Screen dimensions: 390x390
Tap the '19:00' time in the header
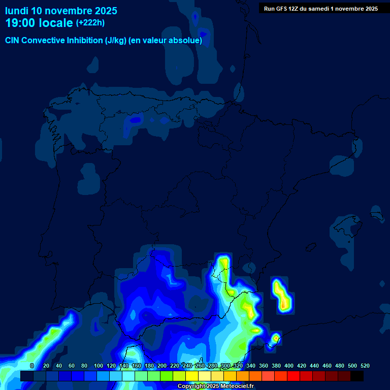click(x=21, y=23)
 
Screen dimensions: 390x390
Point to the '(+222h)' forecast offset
click(x=90, y=23)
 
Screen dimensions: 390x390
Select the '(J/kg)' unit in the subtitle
click(x=117, y=41)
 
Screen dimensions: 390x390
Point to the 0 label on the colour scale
click(x=32, y=366)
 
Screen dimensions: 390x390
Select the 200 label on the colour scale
click(x=162, y=366)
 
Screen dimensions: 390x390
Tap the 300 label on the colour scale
click(x=225, y=366)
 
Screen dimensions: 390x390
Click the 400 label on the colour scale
click(x=289, y=366)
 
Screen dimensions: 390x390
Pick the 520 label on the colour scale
click(x=365, y=366)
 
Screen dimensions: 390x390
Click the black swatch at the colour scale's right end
click(x=357, y=376)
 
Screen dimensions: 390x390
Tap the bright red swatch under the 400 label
click(x=294, y=376)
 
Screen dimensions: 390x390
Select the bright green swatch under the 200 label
click(x=167, y=376)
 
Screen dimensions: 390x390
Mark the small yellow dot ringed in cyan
click(x=276, y=337)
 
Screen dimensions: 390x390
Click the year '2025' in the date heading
click(x=103, y=11)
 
